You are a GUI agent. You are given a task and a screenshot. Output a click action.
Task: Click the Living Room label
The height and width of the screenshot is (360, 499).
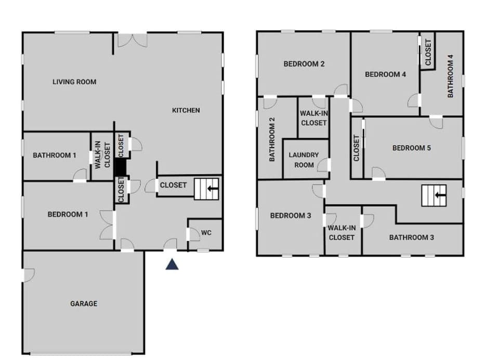click(x=74, y=82)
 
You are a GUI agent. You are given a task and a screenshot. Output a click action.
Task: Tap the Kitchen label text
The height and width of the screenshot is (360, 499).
click(x=186, y=110)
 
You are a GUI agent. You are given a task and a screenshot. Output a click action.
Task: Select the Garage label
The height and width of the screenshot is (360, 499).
click(x=84, y=303)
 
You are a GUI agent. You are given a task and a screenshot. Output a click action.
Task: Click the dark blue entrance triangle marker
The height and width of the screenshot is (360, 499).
click(x=172, y=264)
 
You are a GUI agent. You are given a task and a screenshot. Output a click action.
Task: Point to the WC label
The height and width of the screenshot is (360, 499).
click(x=206, y=233)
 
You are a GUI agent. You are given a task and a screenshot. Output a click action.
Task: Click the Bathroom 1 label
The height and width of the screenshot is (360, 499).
click(x=55, y=155)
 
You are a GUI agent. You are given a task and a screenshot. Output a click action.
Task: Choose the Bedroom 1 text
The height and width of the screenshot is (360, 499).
click(x=68, y=214)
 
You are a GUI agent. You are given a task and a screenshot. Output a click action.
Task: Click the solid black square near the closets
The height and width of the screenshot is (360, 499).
click(x=120, y=167)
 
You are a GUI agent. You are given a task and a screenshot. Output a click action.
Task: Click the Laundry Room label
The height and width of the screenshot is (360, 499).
click(x=304, y=159)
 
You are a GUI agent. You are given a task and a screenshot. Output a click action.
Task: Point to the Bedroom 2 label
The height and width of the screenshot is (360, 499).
click(x=304, y=64)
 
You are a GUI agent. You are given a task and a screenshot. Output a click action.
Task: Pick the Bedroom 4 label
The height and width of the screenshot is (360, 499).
click(x=385, y=74)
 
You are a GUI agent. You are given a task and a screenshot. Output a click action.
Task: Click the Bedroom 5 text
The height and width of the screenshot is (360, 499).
click(x=412, y=148)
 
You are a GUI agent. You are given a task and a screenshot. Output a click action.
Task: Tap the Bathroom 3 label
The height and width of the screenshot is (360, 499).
click(x=412, y=237)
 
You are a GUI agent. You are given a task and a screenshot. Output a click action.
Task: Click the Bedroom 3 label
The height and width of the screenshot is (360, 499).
click(x=291, y=216)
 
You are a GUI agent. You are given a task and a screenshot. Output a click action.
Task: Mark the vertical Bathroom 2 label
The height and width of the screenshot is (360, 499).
click(x=271, y=139)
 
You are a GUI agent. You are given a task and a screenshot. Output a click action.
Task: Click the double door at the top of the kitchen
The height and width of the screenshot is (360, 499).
click(x=132, y=41)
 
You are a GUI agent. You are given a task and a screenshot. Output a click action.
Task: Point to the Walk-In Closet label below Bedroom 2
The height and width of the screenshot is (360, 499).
click(x=314, y=118)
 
